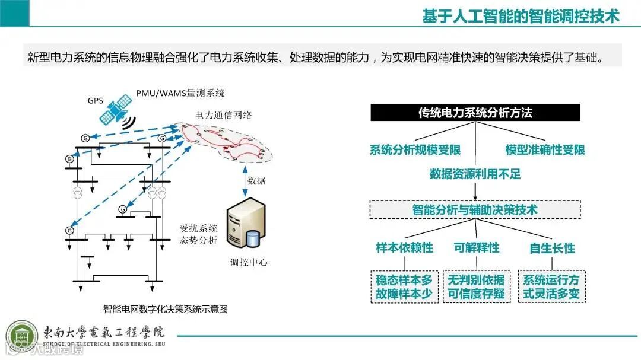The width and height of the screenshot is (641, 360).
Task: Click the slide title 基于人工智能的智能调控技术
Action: [521, 16]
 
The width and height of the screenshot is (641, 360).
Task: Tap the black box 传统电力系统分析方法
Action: [475, 113]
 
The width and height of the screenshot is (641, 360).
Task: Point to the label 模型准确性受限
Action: [545, 149]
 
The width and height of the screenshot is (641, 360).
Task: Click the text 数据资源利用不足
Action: [475, 174]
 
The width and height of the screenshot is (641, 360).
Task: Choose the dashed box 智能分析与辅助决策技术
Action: [475, 209]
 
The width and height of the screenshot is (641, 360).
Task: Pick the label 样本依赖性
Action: [404, 247]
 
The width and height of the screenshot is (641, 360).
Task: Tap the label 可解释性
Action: [476, 247]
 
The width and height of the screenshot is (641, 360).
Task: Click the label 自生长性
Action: [552, 248]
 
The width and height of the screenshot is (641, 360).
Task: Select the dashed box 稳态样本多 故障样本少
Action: [404, 286]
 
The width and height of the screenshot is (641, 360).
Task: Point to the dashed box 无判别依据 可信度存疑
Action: [476, 286]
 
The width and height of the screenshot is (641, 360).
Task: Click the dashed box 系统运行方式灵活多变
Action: [552, 286]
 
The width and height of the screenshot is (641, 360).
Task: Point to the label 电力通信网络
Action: [223, 115]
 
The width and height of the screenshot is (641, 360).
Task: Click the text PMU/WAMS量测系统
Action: [180, 94]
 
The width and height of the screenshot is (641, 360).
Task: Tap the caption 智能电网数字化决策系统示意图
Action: [166, 309]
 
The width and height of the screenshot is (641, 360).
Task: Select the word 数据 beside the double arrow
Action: [256, 180]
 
